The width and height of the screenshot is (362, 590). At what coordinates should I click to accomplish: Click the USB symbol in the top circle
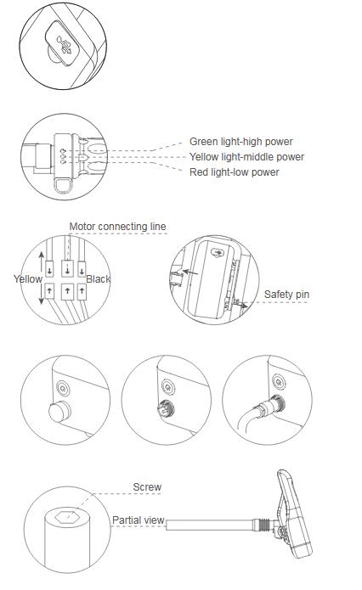point(65,44)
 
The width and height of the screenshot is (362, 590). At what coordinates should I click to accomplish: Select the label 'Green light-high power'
point(241,142)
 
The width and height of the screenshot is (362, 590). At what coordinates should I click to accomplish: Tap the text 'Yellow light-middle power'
point(246,157)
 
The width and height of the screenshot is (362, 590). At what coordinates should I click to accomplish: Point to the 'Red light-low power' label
point(235,172)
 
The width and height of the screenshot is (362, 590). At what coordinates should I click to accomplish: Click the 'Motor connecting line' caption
point(117,227)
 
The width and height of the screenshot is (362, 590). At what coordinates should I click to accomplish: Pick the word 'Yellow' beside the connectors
point(28,279)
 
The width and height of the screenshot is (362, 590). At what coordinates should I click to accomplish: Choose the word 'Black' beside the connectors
point(99,279)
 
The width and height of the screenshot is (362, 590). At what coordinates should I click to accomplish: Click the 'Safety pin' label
point(286,295)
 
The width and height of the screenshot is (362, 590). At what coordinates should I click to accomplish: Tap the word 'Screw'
point(147,487)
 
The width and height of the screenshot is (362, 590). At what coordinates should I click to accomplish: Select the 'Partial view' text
point(139,520)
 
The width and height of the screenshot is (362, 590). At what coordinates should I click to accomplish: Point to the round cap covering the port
point(59,412)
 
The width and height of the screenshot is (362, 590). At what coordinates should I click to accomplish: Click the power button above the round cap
point(63,387)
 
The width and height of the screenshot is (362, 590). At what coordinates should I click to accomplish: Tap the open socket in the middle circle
point(166,409)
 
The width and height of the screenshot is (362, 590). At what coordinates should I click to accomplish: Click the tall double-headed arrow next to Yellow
point(42,278)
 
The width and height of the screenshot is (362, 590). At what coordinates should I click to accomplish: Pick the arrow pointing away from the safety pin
point(241,303)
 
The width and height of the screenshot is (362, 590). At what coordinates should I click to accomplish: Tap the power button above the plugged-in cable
point(279,383)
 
